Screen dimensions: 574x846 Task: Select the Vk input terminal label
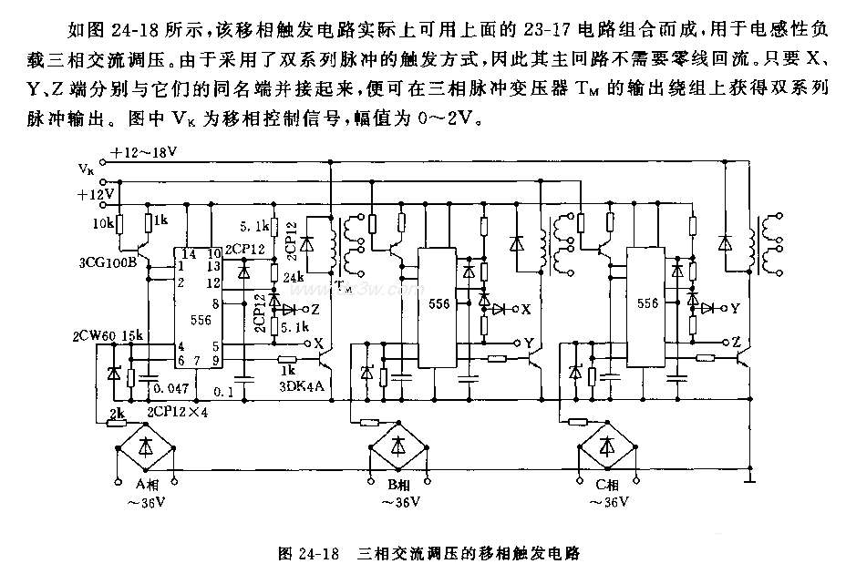[x=85, y=169]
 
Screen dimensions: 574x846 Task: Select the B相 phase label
[x=400, y=484]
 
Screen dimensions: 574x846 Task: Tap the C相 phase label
[x=607, y=484]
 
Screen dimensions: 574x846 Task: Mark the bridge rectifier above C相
[x=606, y=446]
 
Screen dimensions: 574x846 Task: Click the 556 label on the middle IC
[x=439, y=305]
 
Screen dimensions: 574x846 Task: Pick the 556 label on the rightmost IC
[x=648, y=303]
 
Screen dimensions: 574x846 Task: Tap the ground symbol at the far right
[x=749, y=477]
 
